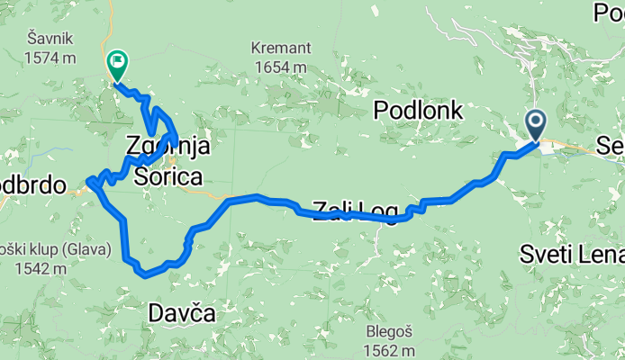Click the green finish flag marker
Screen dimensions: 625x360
click(x=116, y=64)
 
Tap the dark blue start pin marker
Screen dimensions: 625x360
click(x=535, y=123)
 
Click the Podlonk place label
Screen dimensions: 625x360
click(x=418, y=111)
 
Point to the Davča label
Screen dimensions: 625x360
click(x=182, y=314)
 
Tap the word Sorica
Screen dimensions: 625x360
click(x=168, y=176)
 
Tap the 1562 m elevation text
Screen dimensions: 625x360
click(x=390, y=350)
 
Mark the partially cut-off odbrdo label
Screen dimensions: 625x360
click(x=34, y=185)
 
